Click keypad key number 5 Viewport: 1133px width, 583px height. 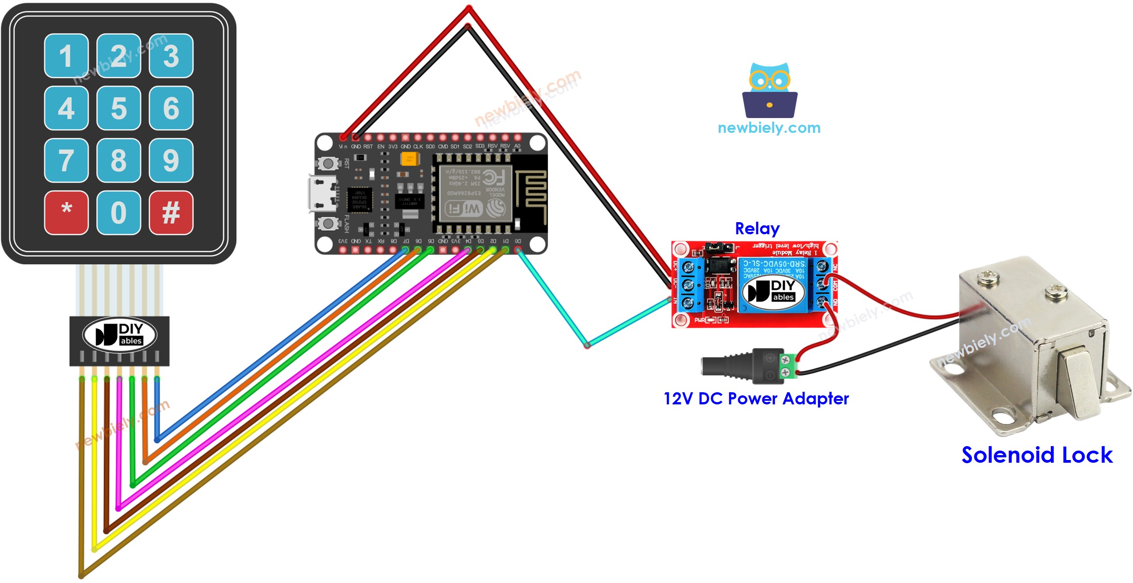tap(118, 108)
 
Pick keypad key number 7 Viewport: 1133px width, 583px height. tap(66, 160)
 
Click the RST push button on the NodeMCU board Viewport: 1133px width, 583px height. tap(328, 163)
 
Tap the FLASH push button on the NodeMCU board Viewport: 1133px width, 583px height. tap(328, 223)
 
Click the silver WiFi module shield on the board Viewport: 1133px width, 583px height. tap(475, 193)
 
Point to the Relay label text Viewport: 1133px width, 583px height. tap(757, 229)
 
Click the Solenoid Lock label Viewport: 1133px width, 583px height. tap(1037, 455)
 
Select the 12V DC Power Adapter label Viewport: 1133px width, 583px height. tap(756, 399)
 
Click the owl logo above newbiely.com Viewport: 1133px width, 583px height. tap(770, 90)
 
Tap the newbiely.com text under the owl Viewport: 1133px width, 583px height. tap(769, 128)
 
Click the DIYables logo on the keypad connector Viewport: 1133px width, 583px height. tap(119, 335)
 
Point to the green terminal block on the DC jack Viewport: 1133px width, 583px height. tap(790, 366)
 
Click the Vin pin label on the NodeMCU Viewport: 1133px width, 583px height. tap(343, 147)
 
